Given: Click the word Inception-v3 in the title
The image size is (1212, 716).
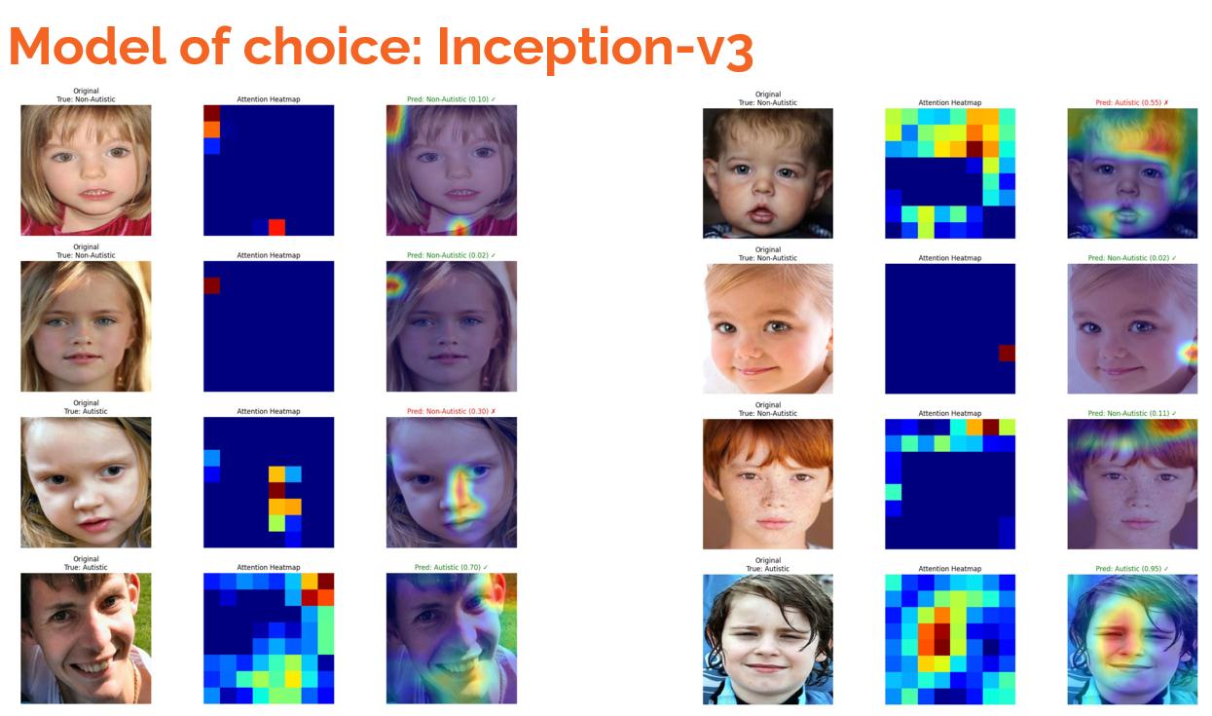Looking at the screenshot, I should pos(595,47).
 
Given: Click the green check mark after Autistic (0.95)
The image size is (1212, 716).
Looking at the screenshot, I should pos(1165,569).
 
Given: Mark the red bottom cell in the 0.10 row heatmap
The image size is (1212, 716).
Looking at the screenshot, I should pos(276,227).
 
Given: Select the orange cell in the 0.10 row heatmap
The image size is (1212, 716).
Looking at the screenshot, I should pos(211,129).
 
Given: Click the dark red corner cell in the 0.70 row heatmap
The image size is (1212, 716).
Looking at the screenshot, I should pos(325,582).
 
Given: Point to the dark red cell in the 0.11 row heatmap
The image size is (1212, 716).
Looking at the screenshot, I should pos(991,427).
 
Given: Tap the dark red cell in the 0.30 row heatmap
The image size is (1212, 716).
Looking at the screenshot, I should pos(276,490).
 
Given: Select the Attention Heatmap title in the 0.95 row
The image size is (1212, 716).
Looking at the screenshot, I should pos(949,569).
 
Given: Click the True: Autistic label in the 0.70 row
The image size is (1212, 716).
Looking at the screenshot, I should pos(86,567).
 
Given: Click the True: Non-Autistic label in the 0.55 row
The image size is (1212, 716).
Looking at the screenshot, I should pos(767,102).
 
